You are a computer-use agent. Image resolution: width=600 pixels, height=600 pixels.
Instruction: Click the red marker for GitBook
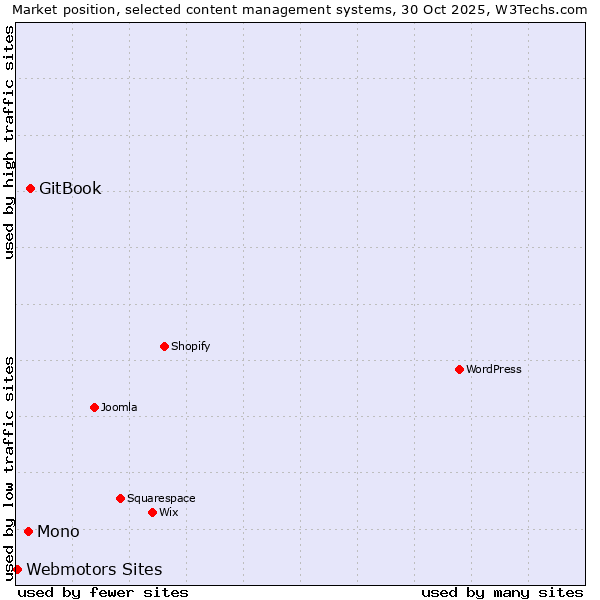30,188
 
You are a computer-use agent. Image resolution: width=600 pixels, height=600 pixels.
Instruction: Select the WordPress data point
459,369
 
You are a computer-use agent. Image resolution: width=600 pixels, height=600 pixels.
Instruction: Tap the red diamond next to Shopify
164,346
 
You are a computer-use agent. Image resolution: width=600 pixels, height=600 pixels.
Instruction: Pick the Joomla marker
94,407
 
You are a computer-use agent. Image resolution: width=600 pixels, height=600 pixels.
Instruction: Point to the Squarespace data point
120,498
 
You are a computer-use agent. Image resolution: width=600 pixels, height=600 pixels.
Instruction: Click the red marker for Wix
152,512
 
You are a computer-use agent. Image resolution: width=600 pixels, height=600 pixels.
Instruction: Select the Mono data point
28,531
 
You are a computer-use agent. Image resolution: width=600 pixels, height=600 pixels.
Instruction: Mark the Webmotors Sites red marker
17,569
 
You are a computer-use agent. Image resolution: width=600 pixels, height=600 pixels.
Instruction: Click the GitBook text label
70,188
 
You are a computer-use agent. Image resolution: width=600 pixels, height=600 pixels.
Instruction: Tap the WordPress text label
494,369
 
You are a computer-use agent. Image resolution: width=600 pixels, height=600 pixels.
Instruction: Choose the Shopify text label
190,346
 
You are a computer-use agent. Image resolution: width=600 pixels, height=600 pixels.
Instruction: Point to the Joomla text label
119,407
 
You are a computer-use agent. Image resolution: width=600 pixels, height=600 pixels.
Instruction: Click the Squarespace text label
161,498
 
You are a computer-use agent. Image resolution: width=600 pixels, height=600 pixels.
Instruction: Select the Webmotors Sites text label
94,569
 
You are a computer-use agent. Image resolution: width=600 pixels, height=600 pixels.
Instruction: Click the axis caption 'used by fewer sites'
103,592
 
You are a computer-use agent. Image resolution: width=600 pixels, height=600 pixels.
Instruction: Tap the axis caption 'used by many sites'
502,592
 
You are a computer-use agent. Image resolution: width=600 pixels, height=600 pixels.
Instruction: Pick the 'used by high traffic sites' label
9,142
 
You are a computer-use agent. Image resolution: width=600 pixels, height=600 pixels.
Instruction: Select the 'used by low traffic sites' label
9,468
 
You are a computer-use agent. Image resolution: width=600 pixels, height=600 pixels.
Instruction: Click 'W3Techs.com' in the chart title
542,9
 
